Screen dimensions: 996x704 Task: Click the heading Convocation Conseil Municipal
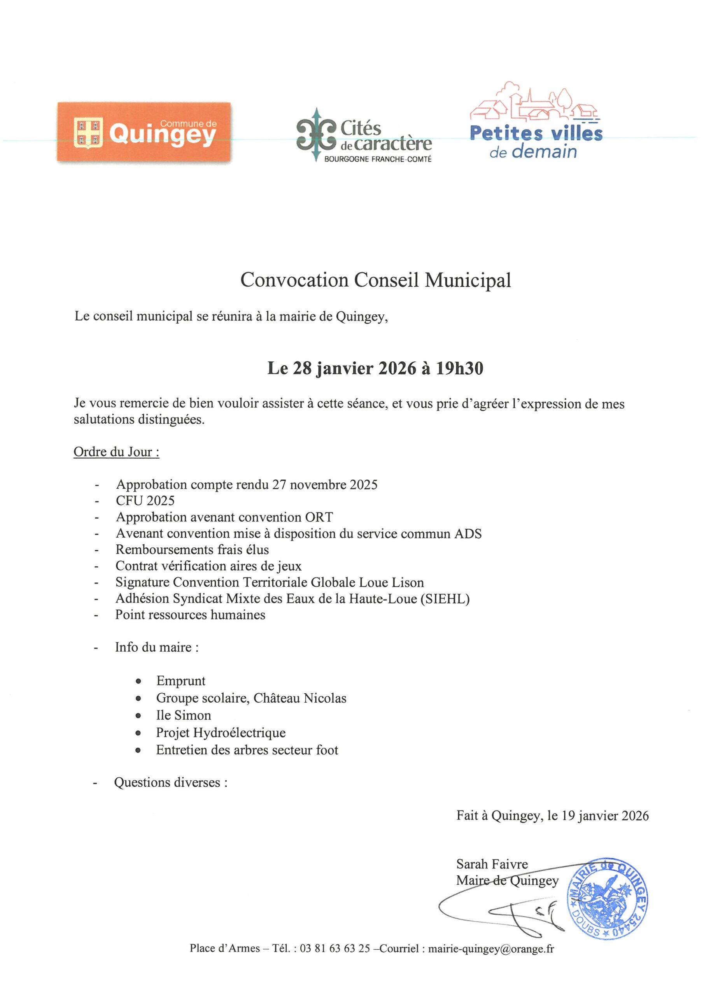point(376,280)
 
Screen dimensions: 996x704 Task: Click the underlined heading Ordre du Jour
point(116,452)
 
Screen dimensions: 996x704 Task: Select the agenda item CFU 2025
point(145,501)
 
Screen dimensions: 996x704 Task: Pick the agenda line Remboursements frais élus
point(192,550)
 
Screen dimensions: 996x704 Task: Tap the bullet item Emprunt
point(180,681)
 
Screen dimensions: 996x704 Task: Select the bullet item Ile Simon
point(184,715)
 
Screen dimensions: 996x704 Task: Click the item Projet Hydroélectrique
point(221,733)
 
